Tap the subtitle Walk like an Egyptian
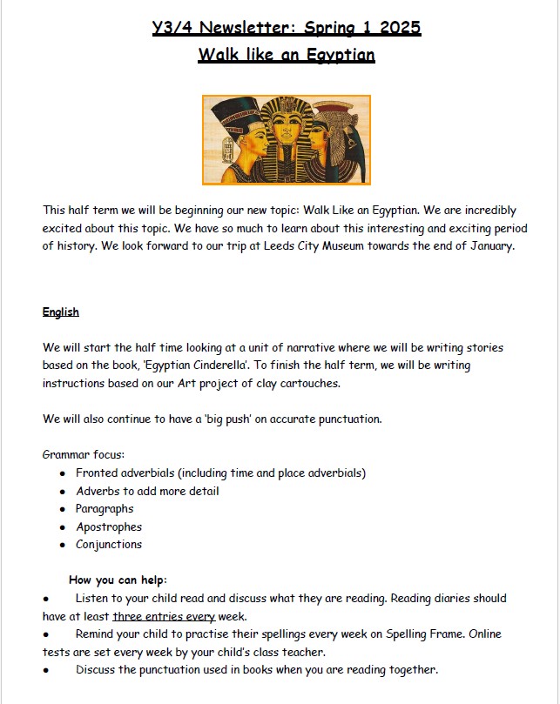(287, 56)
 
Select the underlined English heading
(61, 312)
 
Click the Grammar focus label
(83, 454)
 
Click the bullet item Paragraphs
(105, 508)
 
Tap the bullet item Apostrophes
(109, 526)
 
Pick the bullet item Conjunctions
(109, 545)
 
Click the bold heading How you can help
(118, 580)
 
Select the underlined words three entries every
(164, 616)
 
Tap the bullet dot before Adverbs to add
(63, 491)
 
